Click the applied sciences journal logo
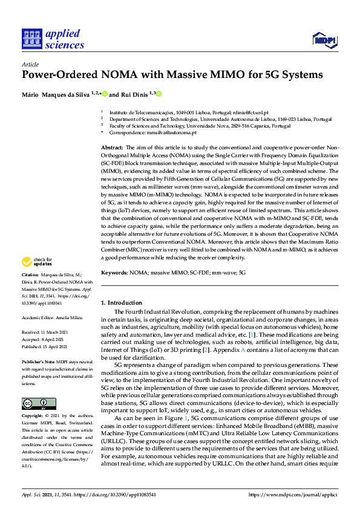[53, 39]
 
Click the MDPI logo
[324, 40]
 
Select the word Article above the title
[30, 63]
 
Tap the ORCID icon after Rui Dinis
[159, 94]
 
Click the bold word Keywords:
[114, 273]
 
